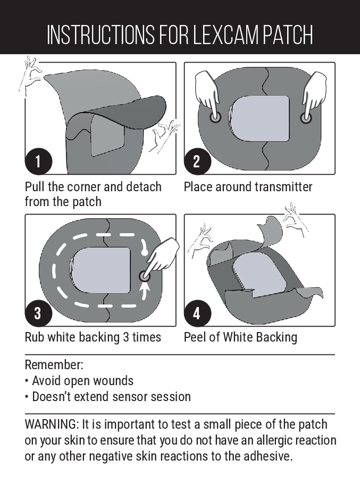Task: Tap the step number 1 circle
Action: (x=38, y=161)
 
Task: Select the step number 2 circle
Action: (x=196, y=161)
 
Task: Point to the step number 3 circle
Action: (x=38, y=313)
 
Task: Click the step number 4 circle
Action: (x=196, y=313)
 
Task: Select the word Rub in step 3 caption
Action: (x=35, y=337)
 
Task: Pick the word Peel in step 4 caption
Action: (x=195, y=337)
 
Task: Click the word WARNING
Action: (x=51, y=425)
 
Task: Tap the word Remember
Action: (x=54, y=365)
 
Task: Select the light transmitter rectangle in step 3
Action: (x=101, y=270)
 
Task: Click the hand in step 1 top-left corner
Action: (x=31, y=75)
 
